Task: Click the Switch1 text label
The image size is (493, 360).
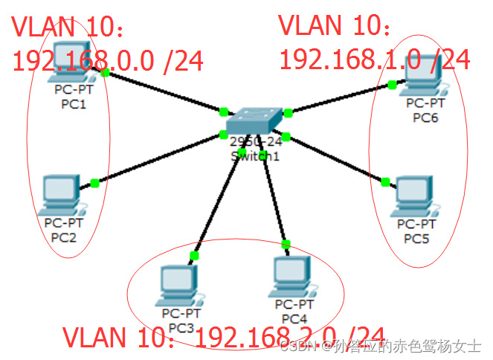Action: click(x=255, y=155)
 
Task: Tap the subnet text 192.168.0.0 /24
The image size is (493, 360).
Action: click(x=108, y=60)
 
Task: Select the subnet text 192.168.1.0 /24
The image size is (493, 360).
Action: click(x=374, y=58)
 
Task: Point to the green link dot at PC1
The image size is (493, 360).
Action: click(x=106, y=72)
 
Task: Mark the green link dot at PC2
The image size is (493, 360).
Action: click(x=94, y=183)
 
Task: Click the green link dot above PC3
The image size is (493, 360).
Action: click(x=194, y=256)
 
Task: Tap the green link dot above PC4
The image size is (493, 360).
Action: click(x=286, y=244)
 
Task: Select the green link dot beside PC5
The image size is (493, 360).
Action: click(x=385, y=181)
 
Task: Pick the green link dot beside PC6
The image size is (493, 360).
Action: click(x=392, y=85)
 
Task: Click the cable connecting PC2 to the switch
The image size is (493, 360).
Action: click(x=160, y=158)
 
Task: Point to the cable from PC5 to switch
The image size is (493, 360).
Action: click(x=335, y=158)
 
